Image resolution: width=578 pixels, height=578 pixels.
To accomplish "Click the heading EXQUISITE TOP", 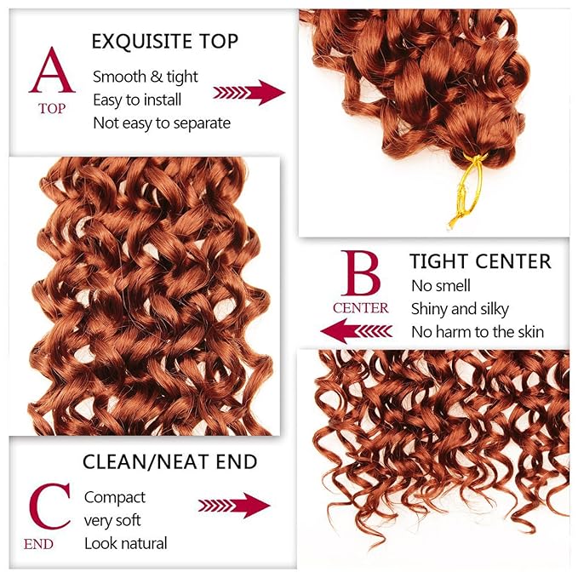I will pos(164,41).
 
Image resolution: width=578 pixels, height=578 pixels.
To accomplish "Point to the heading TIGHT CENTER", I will pos(480,260).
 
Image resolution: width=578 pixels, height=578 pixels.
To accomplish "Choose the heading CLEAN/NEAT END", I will pos(169,462).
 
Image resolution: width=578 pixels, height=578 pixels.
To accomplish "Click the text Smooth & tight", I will pos(146,77).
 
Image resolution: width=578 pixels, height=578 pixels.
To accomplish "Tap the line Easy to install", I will pos(141,100).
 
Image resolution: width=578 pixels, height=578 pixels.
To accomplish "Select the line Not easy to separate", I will pos(162,123).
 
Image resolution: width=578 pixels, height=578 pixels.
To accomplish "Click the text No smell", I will pos(441,286).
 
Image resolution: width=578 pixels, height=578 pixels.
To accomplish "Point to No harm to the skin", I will pos(478,332).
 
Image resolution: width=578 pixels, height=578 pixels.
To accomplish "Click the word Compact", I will pos(115,497).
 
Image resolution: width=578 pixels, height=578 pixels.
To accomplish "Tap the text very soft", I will pos(112,520).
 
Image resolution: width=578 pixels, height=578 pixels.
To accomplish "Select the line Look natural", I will pos(126,543).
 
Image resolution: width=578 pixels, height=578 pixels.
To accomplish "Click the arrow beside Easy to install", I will pos(249,92).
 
